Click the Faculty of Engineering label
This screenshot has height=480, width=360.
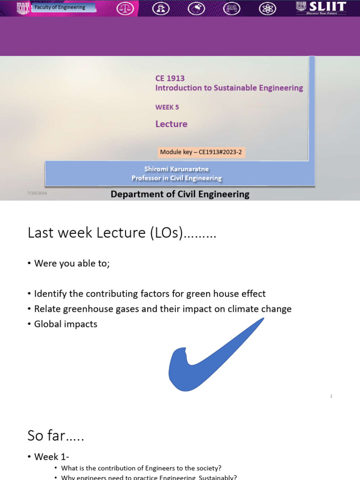point(60,7)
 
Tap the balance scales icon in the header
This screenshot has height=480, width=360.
point(125,8)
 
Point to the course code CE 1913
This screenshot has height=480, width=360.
point(170,78)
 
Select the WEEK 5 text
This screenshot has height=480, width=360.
point(167,107)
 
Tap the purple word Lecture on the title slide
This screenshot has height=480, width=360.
point(171,124)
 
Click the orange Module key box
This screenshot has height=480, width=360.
point(202,152)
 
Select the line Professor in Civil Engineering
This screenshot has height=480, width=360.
point(176,178)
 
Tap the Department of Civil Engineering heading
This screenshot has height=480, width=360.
point(180,194)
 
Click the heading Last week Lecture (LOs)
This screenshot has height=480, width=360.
point(122,232)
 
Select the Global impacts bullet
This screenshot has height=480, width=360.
point(66,324)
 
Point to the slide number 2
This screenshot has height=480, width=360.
point(331,396)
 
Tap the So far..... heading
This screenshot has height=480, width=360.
point(56,435)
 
